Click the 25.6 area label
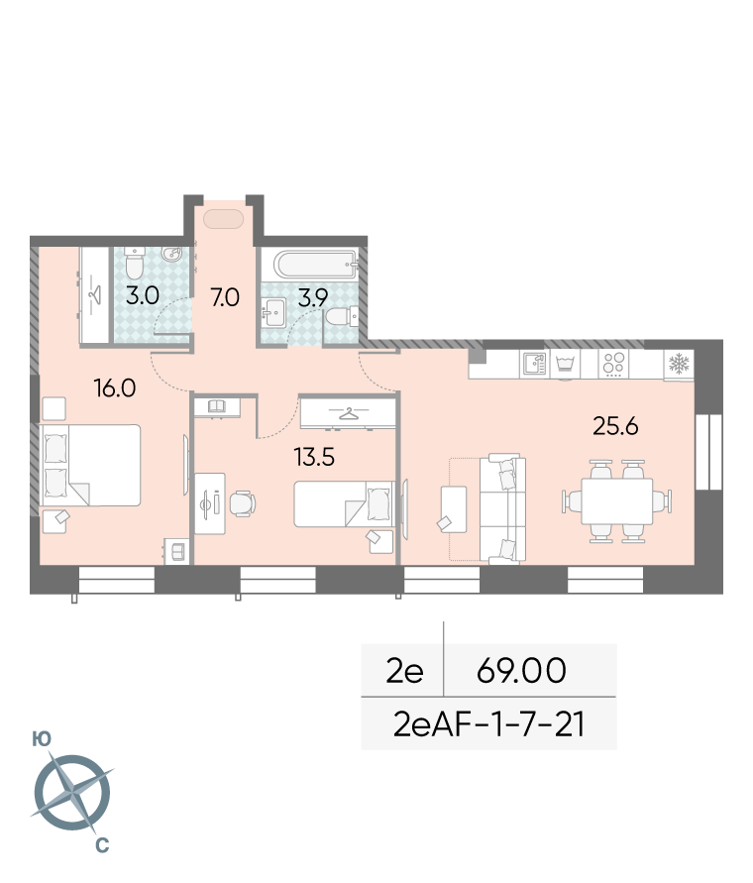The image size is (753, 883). click(615, 426)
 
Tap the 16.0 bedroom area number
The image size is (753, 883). click(115, 388)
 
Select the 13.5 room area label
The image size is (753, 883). click(314, 457)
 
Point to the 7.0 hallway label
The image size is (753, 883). click(225, 296)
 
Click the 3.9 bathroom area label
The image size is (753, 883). click(312, 296)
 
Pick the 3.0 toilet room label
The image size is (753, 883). click(143, 294)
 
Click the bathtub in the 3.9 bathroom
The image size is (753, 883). click(315, 265)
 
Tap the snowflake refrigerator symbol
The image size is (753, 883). click(679, 364)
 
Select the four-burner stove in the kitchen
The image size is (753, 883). click(613, 364)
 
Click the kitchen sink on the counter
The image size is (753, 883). click(534, 364)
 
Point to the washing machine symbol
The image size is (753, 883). click(566, 364)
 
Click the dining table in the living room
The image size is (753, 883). click(616, 501)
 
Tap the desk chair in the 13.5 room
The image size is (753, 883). click(243, 503)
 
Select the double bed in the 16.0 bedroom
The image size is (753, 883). click(91, 465)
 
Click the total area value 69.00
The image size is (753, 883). click(521, 670)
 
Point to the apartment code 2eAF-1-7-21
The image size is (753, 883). click(488, 724)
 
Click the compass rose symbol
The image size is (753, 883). click(72, 793)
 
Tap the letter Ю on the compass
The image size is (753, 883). click(42, 739)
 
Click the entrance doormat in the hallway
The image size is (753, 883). click(224, 219)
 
